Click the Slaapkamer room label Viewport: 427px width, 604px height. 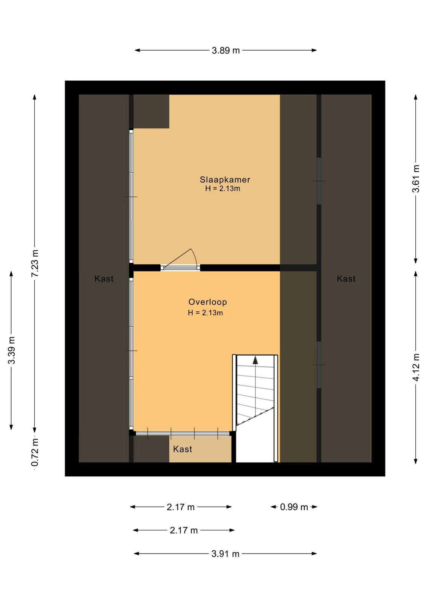(x=225, y=180)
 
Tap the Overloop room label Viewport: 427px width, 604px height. (x=207, y=302)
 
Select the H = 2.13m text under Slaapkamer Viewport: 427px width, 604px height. (x=223, y=188)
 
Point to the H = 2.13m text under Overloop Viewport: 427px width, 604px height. (x=205, y=313)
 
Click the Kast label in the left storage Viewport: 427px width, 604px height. (x=104, y=279)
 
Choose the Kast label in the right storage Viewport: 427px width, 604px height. (x=346, y=279)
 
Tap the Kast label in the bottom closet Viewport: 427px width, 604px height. (x=183, y=449)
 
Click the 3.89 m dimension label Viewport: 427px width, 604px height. (x=226, y=51)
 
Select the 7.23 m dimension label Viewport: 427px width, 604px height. (x=35, y=263)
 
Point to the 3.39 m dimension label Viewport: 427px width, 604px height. (x=12, y=350)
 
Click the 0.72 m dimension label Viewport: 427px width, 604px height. (x=35, y=453)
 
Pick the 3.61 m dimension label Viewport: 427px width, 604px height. (x=416, y=179)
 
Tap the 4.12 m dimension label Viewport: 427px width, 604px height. (x=416, y=367)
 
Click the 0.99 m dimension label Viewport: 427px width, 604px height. (x=294, y=507)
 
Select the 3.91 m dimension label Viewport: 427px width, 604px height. (x=226, y=554)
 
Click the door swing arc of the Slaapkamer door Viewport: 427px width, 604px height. (x=195, y=256)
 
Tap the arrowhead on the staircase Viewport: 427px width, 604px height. (x=255, y=360)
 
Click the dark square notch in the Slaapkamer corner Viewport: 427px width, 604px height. (x=151, y=111)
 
